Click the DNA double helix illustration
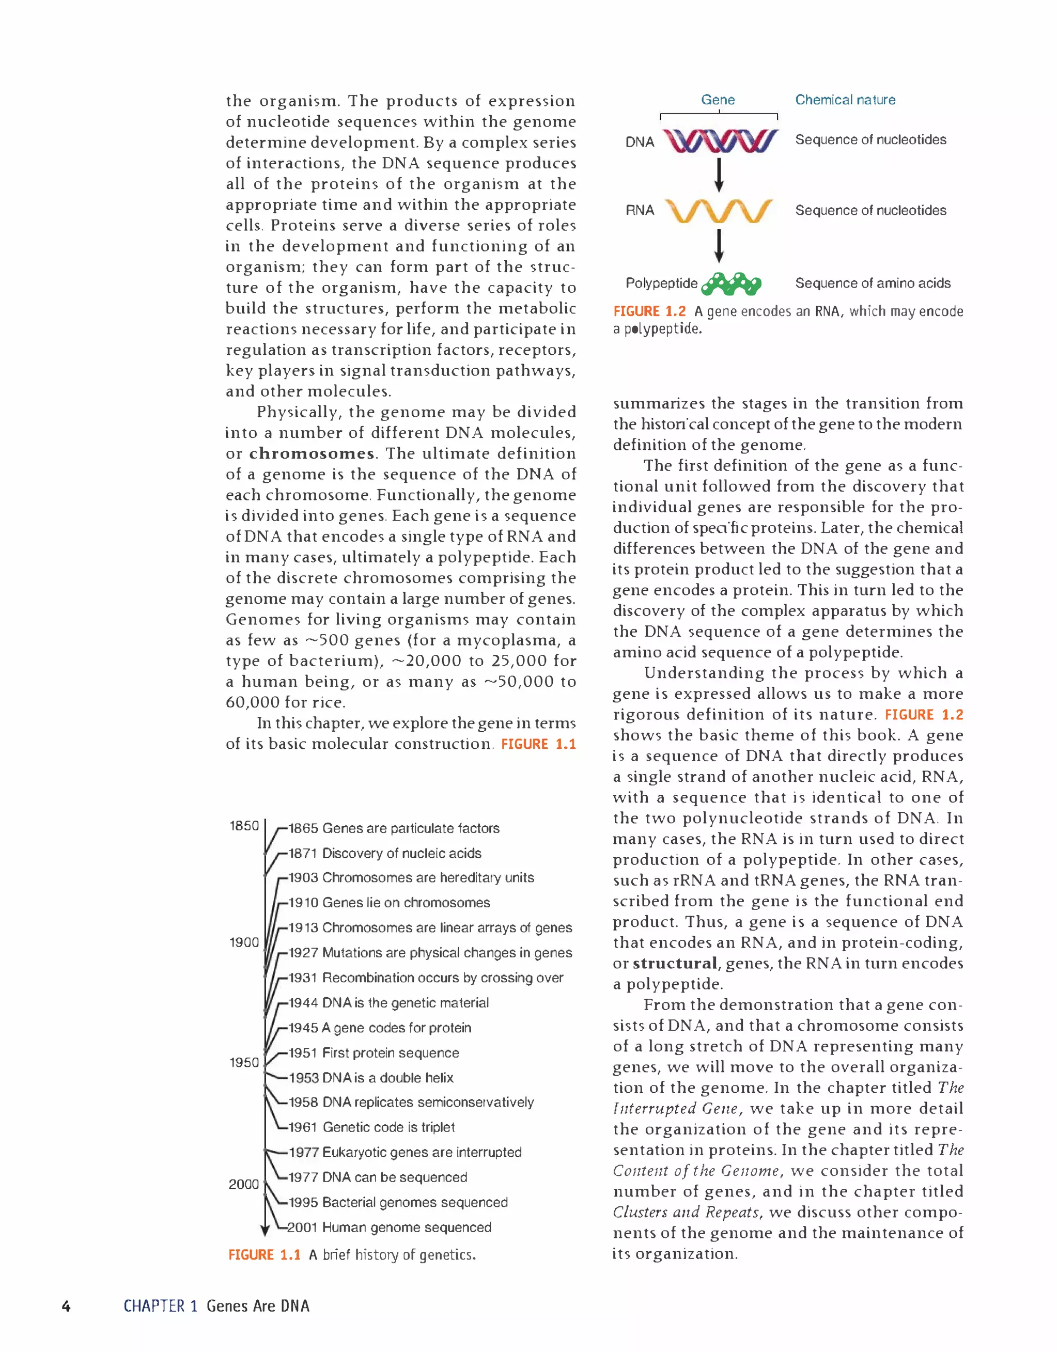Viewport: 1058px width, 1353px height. (720, 141)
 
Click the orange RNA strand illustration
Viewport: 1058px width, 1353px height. (719, 211)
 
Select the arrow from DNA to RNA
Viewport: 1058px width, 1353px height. (719, 175)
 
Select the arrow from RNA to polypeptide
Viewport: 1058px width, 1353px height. (719, 246)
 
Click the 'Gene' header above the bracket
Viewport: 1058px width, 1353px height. (718, 100)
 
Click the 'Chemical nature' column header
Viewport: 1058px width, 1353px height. (845, 100)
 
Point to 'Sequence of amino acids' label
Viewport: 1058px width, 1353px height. (872, 283)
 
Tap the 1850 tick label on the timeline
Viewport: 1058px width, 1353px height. (244, 826)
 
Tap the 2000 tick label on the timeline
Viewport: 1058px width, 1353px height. (244, 1184)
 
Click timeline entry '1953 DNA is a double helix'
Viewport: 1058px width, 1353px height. (370, 1077)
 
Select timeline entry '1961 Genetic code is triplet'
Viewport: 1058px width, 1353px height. (371, 1127)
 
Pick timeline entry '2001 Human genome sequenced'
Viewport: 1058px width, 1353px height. (388, 1227)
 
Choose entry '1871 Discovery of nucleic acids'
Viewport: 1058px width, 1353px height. (384, 853)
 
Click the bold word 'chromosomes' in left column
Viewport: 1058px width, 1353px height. (312, 453)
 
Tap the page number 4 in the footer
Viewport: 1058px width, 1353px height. (66, 1307)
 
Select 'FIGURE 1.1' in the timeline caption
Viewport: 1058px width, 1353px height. (264, 1255)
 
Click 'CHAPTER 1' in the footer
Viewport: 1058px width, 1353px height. (160, 1307)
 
